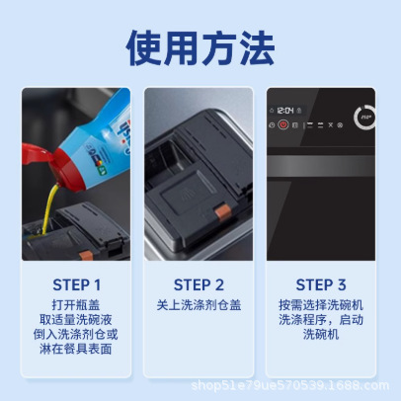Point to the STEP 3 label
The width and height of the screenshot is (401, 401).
[x=321, y=284]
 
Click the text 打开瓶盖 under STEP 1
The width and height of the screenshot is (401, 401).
[x=77, y=305]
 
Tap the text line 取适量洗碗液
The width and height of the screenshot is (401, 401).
[x=77, y=320]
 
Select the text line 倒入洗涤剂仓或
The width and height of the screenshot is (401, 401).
[x=77, y=335]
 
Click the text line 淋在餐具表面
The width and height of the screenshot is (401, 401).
[x=77, y=350]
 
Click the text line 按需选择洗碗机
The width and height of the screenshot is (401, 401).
[x=321, y=305]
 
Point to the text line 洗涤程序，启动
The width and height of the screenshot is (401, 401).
[x=321, y=320]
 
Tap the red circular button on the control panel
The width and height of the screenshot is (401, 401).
[x=281, y=125]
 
